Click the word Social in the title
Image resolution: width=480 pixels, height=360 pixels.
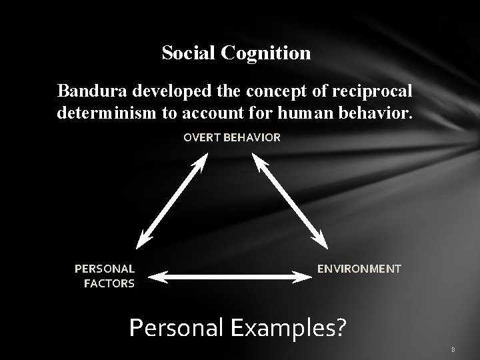point(186,53)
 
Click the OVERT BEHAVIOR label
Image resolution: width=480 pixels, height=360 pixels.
point(233,137)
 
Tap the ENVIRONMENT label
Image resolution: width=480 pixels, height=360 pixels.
point(359,269)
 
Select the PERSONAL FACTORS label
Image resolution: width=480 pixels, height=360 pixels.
point(105,275)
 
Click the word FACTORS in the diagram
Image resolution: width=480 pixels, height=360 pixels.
point(109,283)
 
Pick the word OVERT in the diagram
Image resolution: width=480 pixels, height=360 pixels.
point(202,137)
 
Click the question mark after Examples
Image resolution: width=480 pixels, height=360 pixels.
point(341,327)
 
